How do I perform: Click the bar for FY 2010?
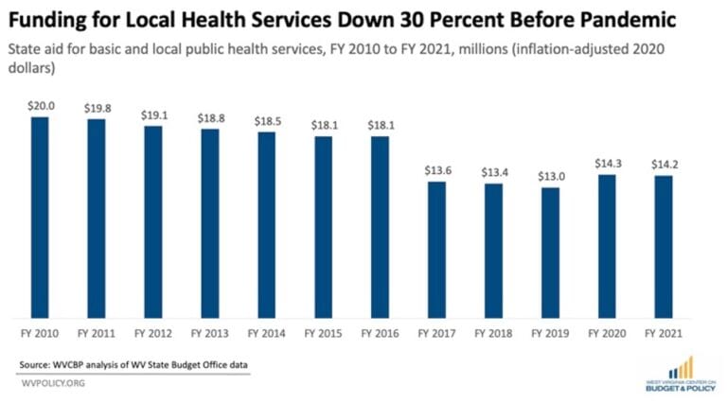point(40,218)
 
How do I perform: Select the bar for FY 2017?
point(436,250)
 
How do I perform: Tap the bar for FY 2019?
point(549,253)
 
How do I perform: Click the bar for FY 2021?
point(663,247)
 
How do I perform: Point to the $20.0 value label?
point(40,106)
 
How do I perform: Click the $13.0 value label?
point(549,176)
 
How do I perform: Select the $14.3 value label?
point(606,163)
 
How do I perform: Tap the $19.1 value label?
point(153,114)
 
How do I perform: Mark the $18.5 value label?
point(266,120)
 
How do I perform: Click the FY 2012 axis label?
point(153,334)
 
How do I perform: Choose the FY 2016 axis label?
point(380,334)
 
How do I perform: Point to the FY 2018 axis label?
point(493,334)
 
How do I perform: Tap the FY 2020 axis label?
point(606,334)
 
